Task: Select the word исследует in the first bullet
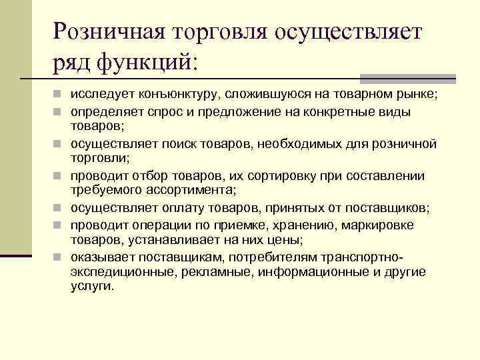pyautogui.click(x=98, y=96)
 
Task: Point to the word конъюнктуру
pyautogui.click(x=176, y=96)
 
